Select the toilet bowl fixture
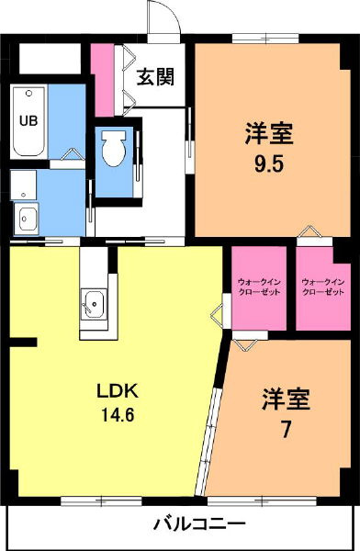[114, 149]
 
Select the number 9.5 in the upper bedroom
[267, 168]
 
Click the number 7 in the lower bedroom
[285, 431]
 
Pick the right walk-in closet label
[322, 286]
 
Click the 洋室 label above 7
[285, 400]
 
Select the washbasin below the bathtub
[26, 219]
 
